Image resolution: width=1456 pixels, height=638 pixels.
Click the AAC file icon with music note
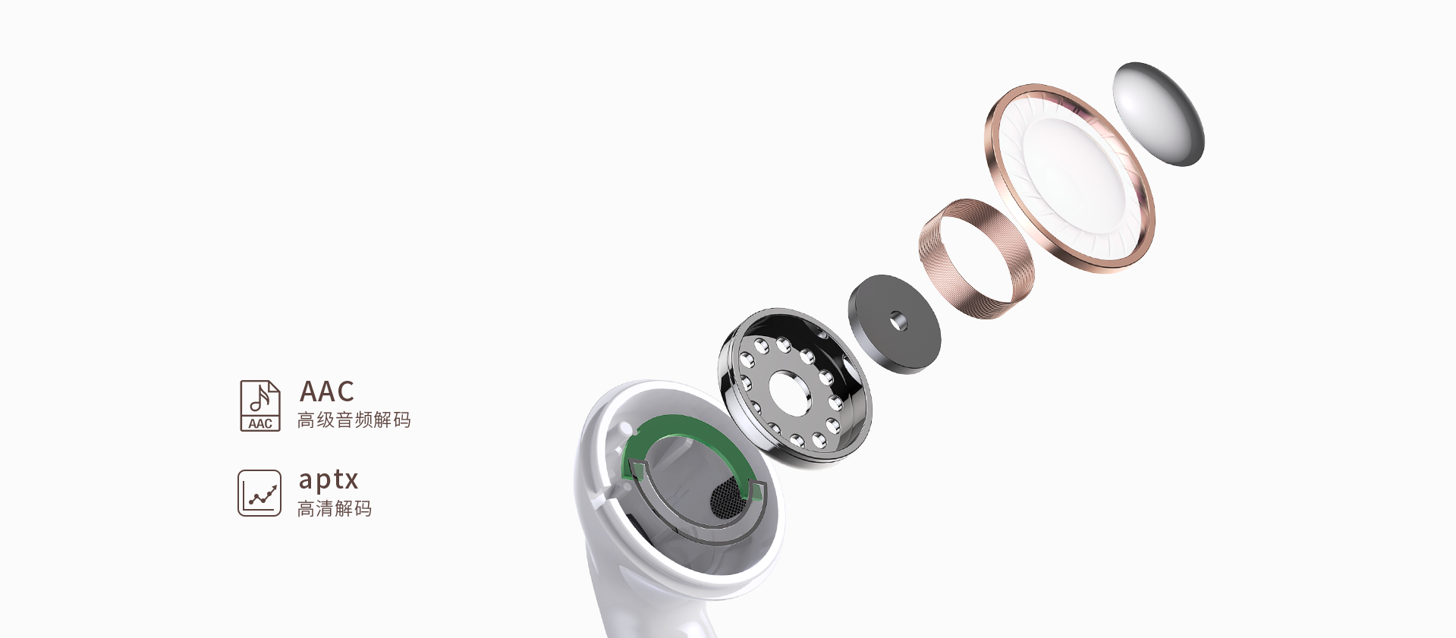tap(260, 406)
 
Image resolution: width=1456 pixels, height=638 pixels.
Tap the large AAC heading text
tap(327, 391)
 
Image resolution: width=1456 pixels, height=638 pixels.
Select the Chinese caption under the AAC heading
tap(354, 420)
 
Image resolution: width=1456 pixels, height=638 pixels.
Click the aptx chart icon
tap(259, 493)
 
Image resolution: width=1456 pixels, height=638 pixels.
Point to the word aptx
tap(328, 480)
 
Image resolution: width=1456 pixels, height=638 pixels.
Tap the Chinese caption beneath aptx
tap(335, 509)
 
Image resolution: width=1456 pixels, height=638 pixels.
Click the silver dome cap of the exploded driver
tap(1159, 114)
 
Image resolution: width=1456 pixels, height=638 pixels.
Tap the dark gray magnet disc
tap(895, 324)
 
